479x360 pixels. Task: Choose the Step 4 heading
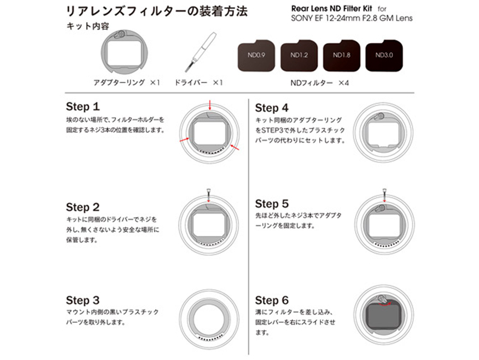click(272, 108)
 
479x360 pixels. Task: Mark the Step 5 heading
click(272, 204)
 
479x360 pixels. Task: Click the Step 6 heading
click(272, 300)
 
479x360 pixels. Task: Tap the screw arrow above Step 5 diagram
click(384, 192)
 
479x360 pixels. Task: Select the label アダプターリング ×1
click(127, 82)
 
